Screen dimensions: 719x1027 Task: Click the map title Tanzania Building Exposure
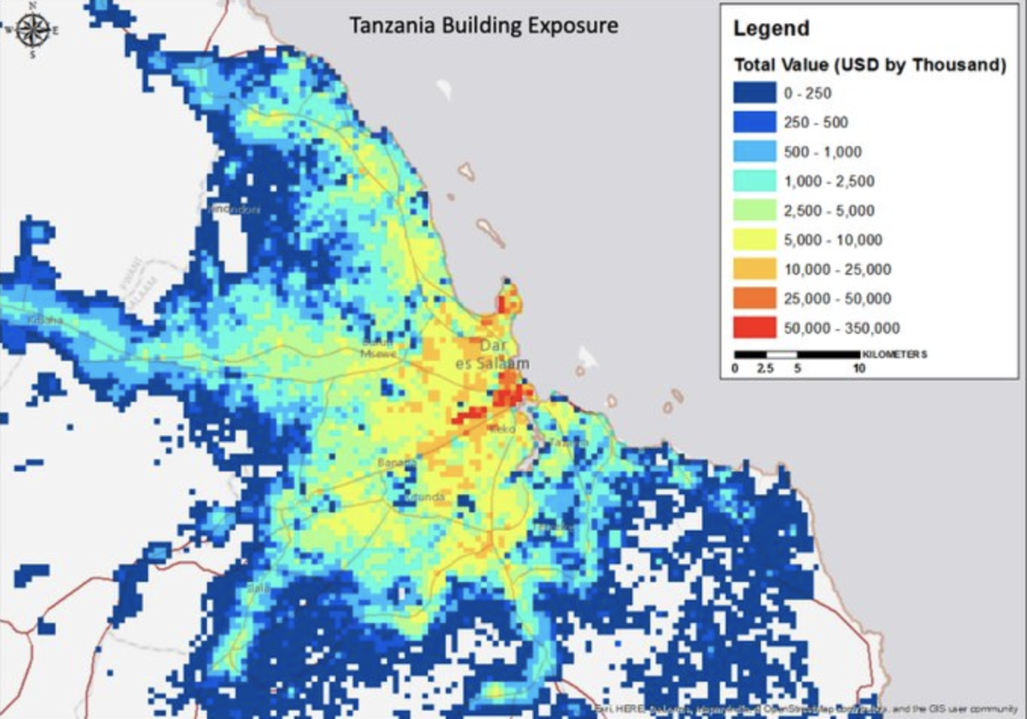point(484,26)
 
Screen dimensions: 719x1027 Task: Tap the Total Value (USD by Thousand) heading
point(870,65)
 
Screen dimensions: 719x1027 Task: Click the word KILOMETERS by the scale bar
point(895,354)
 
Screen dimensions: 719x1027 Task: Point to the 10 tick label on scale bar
point(858,369)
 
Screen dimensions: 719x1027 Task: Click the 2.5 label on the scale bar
point(765,369)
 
